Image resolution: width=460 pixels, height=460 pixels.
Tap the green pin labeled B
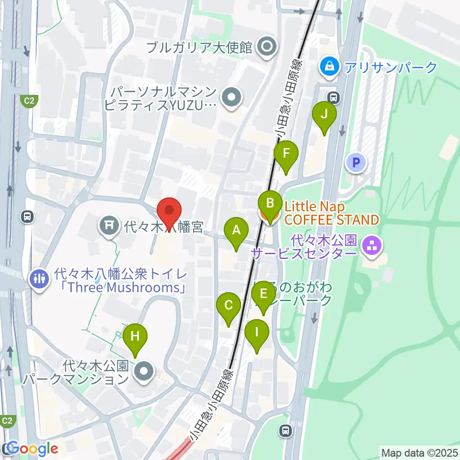(270, 204)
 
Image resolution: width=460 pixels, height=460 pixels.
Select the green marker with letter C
(229, 306)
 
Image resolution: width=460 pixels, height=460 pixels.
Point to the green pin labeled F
(287, 154)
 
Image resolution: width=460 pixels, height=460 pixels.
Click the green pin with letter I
(257, 332)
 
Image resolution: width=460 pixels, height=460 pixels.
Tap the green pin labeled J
(324, 115)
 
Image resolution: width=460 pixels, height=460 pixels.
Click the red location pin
(170, 211)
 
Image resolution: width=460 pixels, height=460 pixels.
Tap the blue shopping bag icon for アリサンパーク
(330, 67)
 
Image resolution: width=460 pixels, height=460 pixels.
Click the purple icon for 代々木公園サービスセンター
(371, 246)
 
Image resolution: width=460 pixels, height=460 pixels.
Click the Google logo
(32, 449)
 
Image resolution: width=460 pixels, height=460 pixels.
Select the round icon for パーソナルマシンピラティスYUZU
(232, 98)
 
